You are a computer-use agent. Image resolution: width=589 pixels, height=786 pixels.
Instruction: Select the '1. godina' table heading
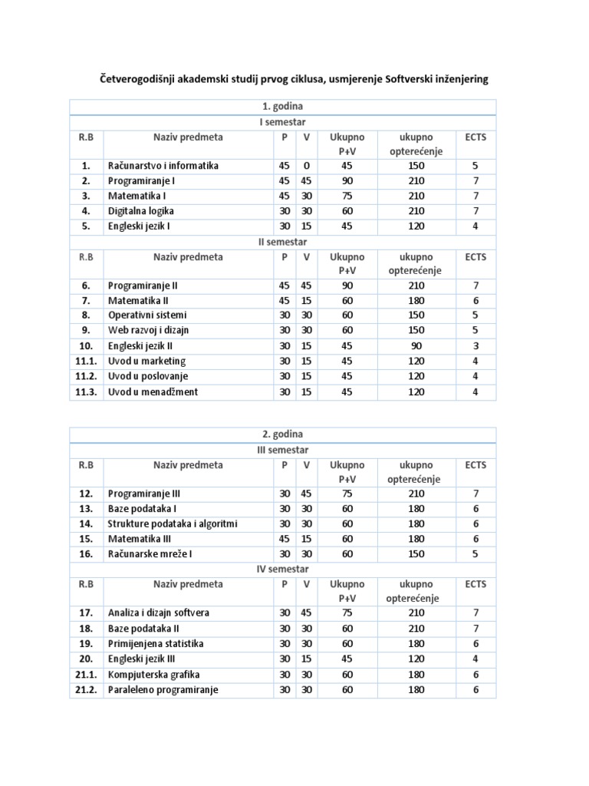pyautogui.click(x=283, y=107)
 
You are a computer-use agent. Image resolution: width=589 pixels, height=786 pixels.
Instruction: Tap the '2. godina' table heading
pyautogui.click(x=283, y=434)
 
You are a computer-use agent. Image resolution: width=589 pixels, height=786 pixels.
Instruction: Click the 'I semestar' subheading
pyautogui.click(x=283, y=122)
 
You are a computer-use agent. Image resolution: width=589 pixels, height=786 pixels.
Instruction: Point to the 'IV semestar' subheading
pyautogui.click(x=283, y=569)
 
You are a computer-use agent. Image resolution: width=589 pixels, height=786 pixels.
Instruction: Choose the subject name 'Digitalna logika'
pyautogui.click(x=141, y=210)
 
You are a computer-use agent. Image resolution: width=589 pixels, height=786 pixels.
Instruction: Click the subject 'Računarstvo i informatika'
pyautogui.click(x=163, y=166)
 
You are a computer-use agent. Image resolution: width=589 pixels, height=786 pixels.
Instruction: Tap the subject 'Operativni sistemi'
pyautogui.click(x=147, y=315)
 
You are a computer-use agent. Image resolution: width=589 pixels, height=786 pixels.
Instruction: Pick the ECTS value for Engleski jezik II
pyautogui.click(x=475, y=346)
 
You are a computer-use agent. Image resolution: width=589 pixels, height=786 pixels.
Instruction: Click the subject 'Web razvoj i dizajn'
pyautogui.click(x=149, y=331)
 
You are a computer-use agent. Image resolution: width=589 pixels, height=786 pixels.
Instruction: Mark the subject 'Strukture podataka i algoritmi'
pyautogui.click(x=173, y=523)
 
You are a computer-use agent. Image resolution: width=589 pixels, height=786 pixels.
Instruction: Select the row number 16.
pyautogui.click(x=86, y=554)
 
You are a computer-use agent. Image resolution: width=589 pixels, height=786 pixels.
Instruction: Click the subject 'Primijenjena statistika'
pyautogui.click(x=156, y=643)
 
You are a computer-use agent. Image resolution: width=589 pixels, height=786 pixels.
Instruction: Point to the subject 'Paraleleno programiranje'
pyautogui.click(x=163, y=689)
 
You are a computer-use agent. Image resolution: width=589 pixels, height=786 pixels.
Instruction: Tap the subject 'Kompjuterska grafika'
pyautogui.click(x=153, y=674)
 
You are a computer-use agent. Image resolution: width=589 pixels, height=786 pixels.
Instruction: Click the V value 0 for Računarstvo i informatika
pyautogui.click(x=305, y=166)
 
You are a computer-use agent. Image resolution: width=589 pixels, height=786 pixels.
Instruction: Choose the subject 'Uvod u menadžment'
pyautogui.click(x=153, y=392)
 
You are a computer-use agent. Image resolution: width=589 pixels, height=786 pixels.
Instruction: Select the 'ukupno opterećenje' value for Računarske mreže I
pyautogui.click(x=416, y=554)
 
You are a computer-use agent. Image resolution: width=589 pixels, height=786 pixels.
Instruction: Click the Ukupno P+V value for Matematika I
pyautogui.click(x=347, y=196)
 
